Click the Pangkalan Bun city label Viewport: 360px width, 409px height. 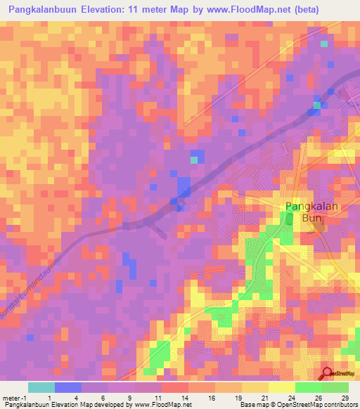(311, 213)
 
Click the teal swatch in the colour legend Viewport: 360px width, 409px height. (41, 387)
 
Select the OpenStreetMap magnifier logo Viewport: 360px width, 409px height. (328, 374)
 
